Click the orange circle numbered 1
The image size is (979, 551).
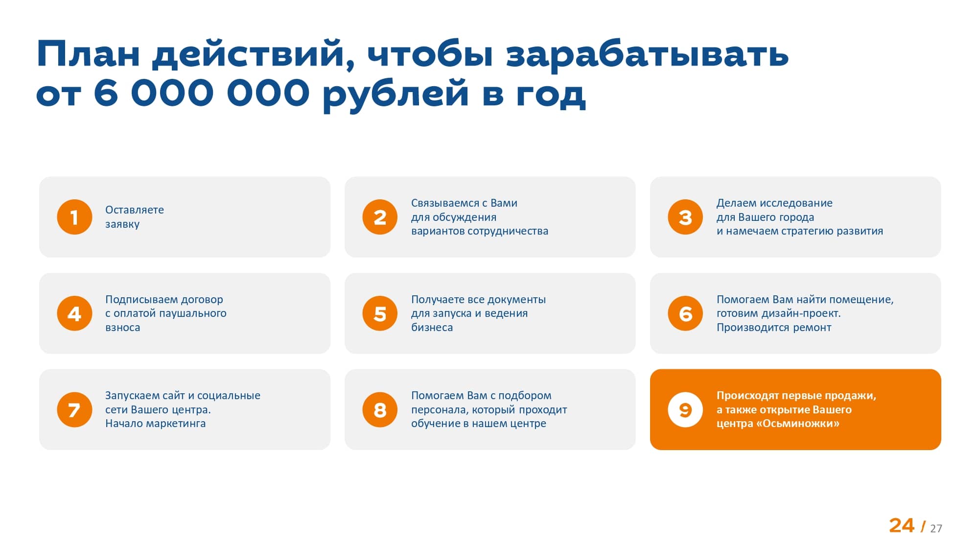click(x=74, y=217)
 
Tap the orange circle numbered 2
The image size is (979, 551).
click(x=380, y=217)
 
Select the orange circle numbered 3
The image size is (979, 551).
click(x=685, y=217)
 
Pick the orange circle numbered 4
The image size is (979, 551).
click(x=74, y=313)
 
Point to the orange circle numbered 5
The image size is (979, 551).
click(x=380, y=313)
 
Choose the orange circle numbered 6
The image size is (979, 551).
click(x=685, y=313)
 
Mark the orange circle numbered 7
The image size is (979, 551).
click(x=74, y=409)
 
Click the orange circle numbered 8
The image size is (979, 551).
click(x=380, y=409)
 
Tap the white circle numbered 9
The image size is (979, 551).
click(x=685, y=409)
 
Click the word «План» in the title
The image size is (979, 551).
click(x=88, y=54)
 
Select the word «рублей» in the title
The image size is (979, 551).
click(x=396, y=94)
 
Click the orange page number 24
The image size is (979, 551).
click(x=901, y=526)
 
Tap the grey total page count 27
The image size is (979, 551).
click(x=936, y=528)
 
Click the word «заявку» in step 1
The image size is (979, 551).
click(x=122, y=224)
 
